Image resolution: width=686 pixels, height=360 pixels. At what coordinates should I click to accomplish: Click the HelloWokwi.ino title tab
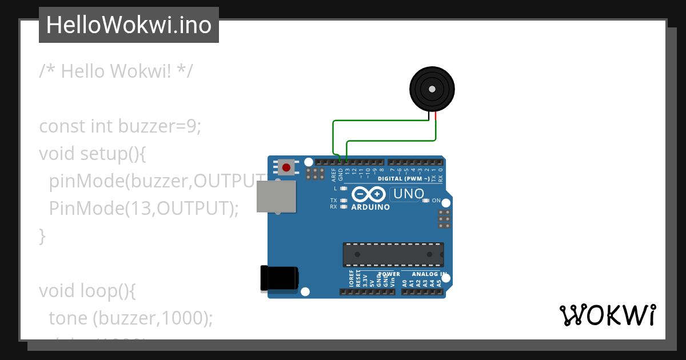[x=129, y=25]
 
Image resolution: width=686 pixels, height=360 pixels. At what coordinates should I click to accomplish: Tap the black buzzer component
[x=432, y=89]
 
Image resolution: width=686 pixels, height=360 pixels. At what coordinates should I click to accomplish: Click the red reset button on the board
[x=286, y=167]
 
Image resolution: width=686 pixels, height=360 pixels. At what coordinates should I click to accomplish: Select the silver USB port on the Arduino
[x=276, y=197]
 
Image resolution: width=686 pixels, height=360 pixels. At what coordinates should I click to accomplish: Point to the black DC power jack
[x=278, y=278]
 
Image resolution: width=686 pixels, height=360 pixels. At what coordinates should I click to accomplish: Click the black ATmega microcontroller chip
[x=393, y=254]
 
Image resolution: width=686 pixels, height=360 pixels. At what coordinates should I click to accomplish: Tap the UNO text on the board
[x=408, y=194]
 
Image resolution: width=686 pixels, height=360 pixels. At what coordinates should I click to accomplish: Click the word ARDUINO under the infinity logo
[x=370, y=207]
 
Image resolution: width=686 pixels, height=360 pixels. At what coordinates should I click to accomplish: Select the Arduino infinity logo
[x=369, y=194]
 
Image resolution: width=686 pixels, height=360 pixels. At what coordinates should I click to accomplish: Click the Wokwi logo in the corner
[x=607, y=315]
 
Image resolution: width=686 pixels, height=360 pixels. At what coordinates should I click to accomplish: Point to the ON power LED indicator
[x=426, y=201]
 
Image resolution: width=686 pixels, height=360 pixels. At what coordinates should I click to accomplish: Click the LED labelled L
[x=343, y=189]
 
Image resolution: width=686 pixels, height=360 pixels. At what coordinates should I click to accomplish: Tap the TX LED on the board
[x=343, y=201]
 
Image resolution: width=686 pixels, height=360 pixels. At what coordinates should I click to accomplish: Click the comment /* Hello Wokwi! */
[x=116, y=71]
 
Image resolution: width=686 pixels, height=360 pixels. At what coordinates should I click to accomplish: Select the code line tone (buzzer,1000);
[x=130, y=318]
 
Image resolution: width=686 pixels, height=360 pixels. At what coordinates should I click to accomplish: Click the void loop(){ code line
[x=87, y=291]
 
